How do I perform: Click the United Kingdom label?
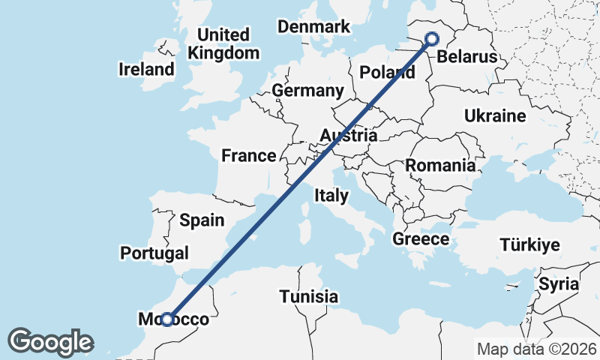tap(223, 44)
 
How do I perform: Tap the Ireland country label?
tap(146, 70)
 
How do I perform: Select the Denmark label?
tap(313, 27)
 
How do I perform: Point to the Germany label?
tap(307, 91)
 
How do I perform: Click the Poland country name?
tap(387, 73)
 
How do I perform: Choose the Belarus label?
tap(466, 57)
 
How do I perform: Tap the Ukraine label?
tap(495, 116)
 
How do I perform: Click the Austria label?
tap(348, 136)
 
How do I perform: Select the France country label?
tap(248, 156)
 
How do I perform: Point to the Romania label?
tap(440, 165)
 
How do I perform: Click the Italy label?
tap(331, 196)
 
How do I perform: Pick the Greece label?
tap(421, 240)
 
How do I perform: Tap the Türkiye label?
tap(530, 245)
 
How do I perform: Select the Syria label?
tap(559, 284)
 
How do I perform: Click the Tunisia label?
tap(309, 296)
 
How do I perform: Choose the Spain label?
tap(202, 220)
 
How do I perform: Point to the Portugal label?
tap(154, 253)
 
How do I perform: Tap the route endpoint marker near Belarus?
tap(432, 39)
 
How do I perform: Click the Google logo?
tap(50, 342)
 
